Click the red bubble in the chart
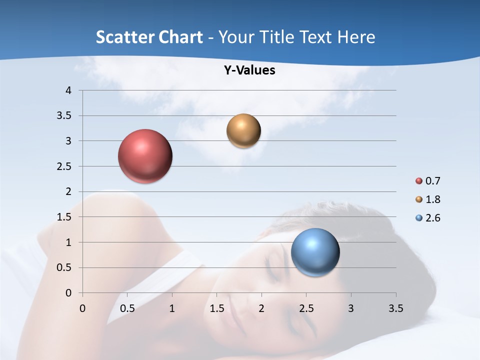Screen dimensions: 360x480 [x=145, y=156]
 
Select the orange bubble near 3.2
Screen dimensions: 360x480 [x=243, y=131]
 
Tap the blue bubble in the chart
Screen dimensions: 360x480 [x=315, y=252]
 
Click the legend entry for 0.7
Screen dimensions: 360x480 [x=427, y=181]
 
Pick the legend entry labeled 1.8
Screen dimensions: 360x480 [x=427, y=199]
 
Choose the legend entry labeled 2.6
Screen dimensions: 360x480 [x=427, y=218]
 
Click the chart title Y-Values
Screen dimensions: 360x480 [x=249, y=70]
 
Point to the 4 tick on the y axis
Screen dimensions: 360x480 [x=68, y=90]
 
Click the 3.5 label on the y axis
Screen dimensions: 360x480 [x=64, y=116]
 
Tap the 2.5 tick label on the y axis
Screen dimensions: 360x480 [x=64, y=166]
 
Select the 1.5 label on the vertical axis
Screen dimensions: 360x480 [x=64, y=217]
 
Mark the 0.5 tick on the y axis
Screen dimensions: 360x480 [x=64, y=267]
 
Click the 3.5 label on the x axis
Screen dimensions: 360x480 [x=395, y=308]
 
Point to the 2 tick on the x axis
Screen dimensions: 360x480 [x=261, y=308]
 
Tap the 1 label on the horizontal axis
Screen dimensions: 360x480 [x=172, y=308]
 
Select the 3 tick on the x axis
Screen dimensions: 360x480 [x=351, y=308]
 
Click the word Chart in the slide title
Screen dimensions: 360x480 [x=181, y=37]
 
